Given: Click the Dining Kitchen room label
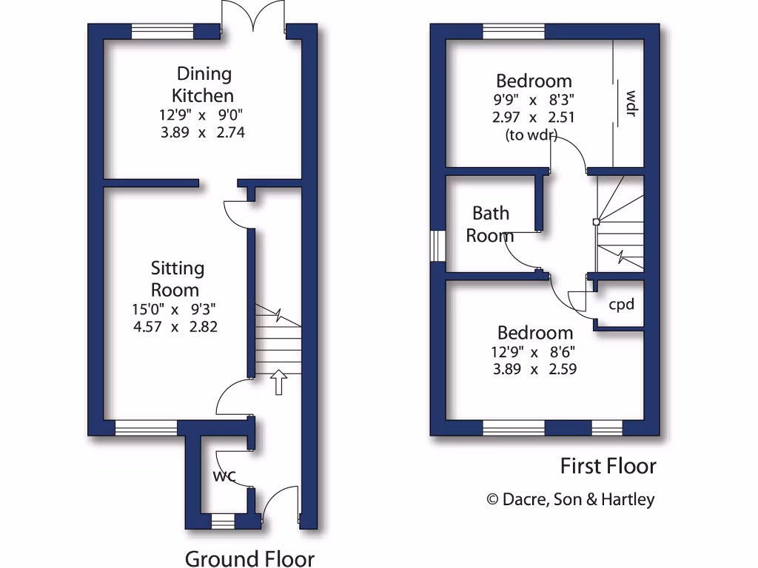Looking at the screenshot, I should tap(203, 84).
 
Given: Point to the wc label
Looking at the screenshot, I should tap(224, 476).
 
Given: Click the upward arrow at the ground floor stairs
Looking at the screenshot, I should tap(278, 382).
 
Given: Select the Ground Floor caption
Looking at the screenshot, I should tap(249, 558).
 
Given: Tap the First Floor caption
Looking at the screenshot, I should tap(608, 466).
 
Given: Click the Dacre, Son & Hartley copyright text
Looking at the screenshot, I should tap(571, 499).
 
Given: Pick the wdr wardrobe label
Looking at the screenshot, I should tap(631, 104).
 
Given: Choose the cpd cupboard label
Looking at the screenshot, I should tap(621, 304).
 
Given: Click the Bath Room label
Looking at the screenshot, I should tap(490, 224).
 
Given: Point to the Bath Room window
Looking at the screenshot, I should tap(438, 246).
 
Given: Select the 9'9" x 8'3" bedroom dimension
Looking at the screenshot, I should tap(534, 101).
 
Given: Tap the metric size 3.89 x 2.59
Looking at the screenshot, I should tap(534, 368).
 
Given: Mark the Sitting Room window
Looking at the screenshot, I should tap(146, 427).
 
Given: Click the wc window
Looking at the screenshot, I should tap(222, 523).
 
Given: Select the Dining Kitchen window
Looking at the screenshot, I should tap(162, 32).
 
